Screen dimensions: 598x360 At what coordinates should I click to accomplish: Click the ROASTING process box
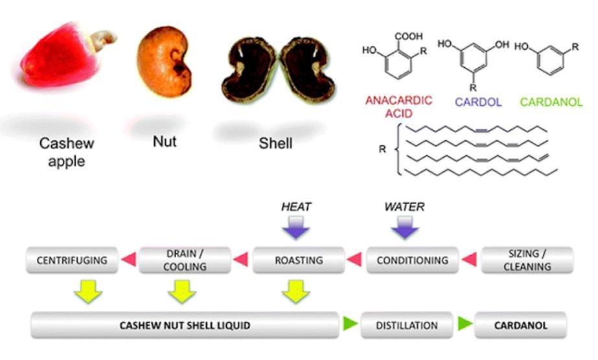tap(299, 260)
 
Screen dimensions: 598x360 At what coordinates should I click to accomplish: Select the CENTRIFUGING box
tap(72, 260)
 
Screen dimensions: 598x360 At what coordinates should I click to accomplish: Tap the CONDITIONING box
tap(412, 260)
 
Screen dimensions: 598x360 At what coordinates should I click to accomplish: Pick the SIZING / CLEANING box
tap(527, 260)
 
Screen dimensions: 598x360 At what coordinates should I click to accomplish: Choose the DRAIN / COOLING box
tap(185, 260)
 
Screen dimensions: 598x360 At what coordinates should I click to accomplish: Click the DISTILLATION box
tap(407, 325)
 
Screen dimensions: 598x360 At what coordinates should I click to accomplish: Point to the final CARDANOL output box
tap(521, 325)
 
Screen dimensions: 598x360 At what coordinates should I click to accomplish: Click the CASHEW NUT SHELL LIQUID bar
tap(185, 325)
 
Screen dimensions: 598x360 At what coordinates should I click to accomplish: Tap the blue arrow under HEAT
tap(296, 227)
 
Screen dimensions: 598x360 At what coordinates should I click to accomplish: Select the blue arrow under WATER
tap(405, 227)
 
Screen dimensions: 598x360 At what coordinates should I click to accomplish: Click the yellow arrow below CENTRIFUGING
tap(88, 291)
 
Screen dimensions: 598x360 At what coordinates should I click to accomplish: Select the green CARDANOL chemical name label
tap(551, 102)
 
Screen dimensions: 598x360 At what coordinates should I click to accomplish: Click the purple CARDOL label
tap(478, 102)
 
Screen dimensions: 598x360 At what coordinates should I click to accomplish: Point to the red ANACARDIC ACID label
tap(399, 107)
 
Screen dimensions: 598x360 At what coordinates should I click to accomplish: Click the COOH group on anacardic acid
tap(408, 36)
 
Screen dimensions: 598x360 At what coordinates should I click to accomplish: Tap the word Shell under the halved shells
tap(275, 143)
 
